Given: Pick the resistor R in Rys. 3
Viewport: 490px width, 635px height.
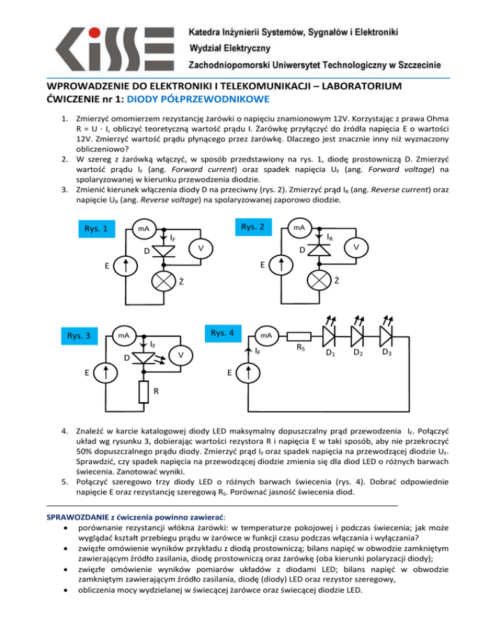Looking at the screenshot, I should pos(145,392).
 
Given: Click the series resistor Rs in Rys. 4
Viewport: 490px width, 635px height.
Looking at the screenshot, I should pos(300,336).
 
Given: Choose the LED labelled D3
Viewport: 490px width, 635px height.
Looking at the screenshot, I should pos(389,335).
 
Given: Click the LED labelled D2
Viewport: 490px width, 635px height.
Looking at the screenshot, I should pos(360,335).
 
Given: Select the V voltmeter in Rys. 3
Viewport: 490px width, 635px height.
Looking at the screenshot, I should pos(181,355).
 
